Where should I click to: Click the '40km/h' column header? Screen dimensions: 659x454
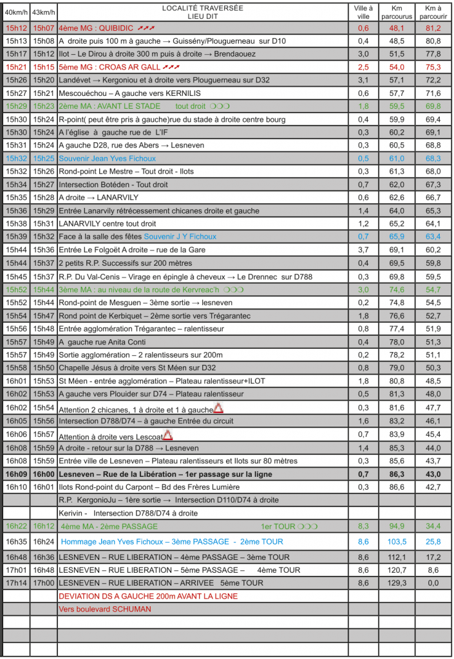tap(15, 12)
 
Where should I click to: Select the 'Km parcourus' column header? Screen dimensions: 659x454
tap(397, 12)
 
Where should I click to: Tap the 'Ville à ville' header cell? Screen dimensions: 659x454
tap(363, 12)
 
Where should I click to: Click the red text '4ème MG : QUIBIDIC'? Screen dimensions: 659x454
tap(95, 28)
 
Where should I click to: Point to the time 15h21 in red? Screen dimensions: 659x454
tap(15, 67)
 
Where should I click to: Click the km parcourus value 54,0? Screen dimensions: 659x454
tap(397, 67)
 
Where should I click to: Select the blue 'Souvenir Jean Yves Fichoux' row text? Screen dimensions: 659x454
tap(107, 158)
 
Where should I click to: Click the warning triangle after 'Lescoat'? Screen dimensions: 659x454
tap(168, 435)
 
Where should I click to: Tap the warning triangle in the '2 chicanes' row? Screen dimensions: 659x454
tap(218, 408)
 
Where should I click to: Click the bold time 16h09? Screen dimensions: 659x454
tap(15, 474)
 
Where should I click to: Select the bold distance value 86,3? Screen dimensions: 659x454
tap(397, 474)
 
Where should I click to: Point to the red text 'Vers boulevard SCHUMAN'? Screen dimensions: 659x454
tap(105, 609)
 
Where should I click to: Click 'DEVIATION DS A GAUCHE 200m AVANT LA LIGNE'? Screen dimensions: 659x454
tap(148, 596)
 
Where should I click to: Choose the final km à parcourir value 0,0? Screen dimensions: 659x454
tap(433, 583)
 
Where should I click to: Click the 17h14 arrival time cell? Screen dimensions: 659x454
tap(15, 583)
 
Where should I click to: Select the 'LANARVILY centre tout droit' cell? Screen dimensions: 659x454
tap(107, 223)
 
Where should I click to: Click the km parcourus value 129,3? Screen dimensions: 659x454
tap(397, 583)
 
